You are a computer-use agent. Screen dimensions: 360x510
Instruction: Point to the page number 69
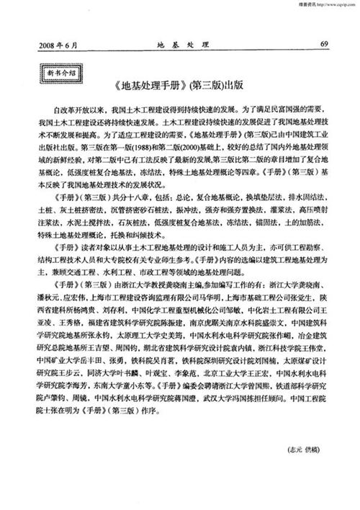pyautogui.click(x=325, y=43)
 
